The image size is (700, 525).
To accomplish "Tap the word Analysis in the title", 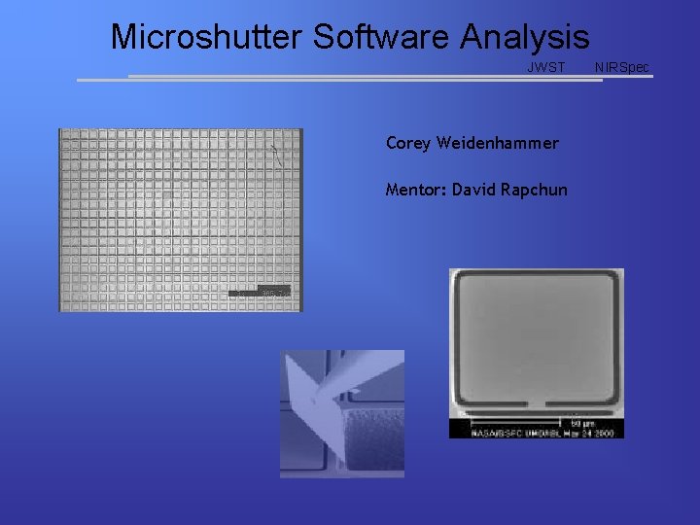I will point(525,37).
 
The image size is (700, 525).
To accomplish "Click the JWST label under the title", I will point(545,67).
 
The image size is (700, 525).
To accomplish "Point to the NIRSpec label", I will point(622,67).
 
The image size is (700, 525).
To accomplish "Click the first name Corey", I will point(407,143).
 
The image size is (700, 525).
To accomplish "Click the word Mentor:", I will point(415,189).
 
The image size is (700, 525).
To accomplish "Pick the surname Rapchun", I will point(534,189).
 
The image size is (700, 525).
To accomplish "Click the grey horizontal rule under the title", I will point(389,78).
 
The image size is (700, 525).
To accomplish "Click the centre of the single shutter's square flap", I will point(536,335).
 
